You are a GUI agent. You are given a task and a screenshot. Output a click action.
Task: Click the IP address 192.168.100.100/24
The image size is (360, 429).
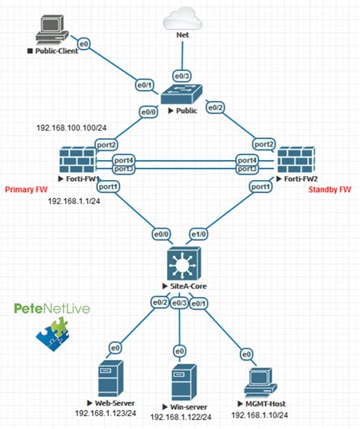click(72, 128)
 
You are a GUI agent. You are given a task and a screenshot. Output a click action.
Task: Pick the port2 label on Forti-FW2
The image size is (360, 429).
click(264, 144)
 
